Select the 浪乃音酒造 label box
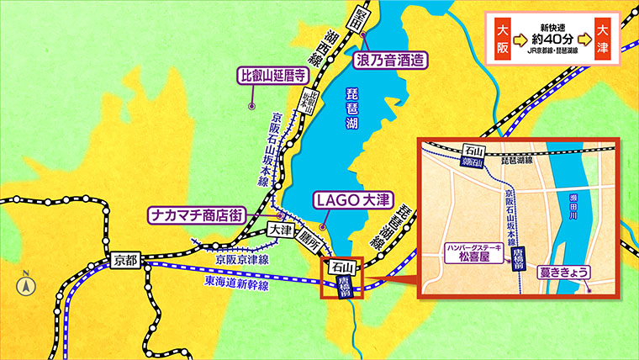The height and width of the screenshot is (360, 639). (x=389, y=60)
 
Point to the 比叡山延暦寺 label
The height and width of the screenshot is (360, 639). (x=274, y=77)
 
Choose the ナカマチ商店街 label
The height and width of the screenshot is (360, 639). (x=196, y=214)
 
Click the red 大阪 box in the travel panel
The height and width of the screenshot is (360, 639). (x=503, y=40)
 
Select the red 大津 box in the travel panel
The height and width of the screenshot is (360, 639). (x=604, y=40)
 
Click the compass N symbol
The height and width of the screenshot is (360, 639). (x=25, y=283)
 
